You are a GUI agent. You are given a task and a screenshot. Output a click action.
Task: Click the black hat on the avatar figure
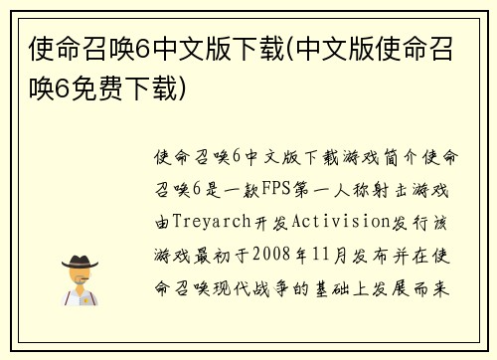pos(80,263)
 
